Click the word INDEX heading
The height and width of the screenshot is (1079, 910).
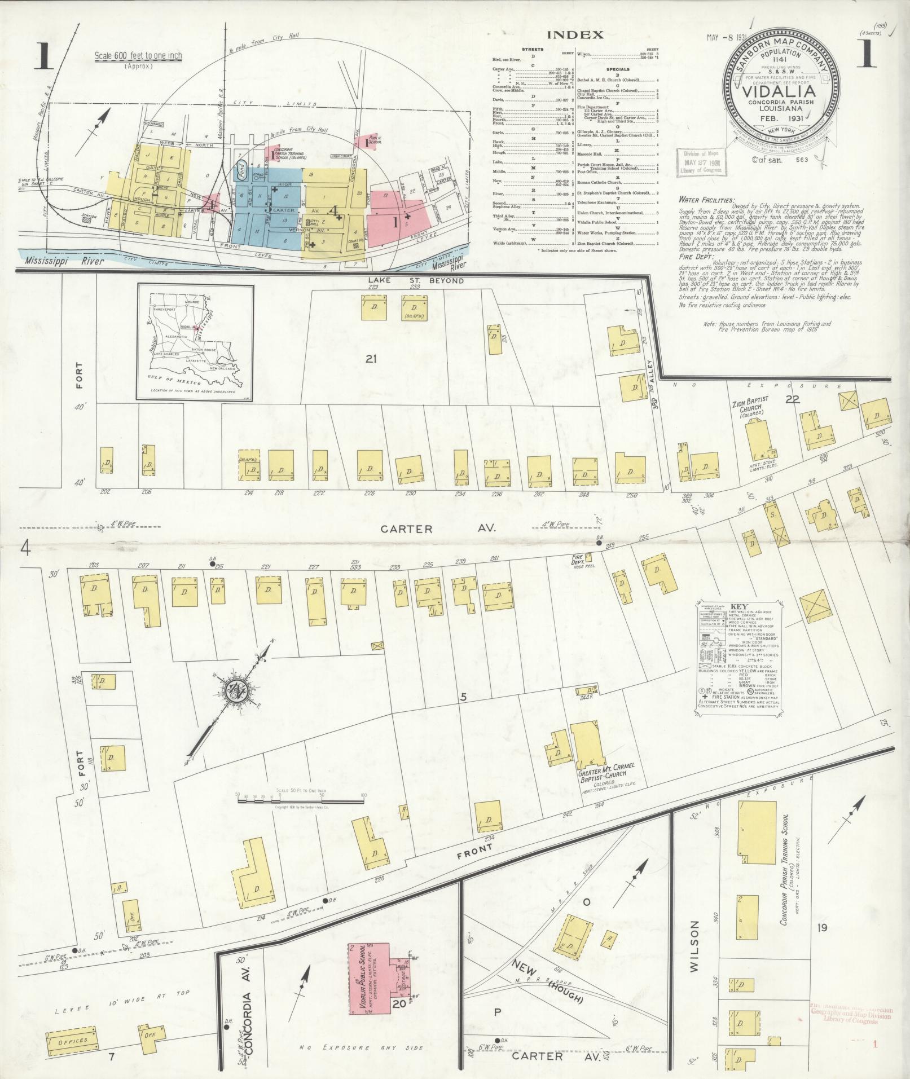[x=575, y=35]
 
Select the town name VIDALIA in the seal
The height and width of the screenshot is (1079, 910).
[x=781, y=92]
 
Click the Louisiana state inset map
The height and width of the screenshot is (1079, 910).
[x=195, y=342]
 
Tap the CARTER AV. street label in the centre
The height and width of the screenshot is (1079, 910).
[x=438, y=529]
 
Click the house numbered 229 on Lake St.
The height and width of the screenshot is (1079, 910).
[x=373, y=307]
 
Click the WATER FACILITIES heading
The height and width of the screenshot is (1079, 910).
[x=707, y=200]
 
